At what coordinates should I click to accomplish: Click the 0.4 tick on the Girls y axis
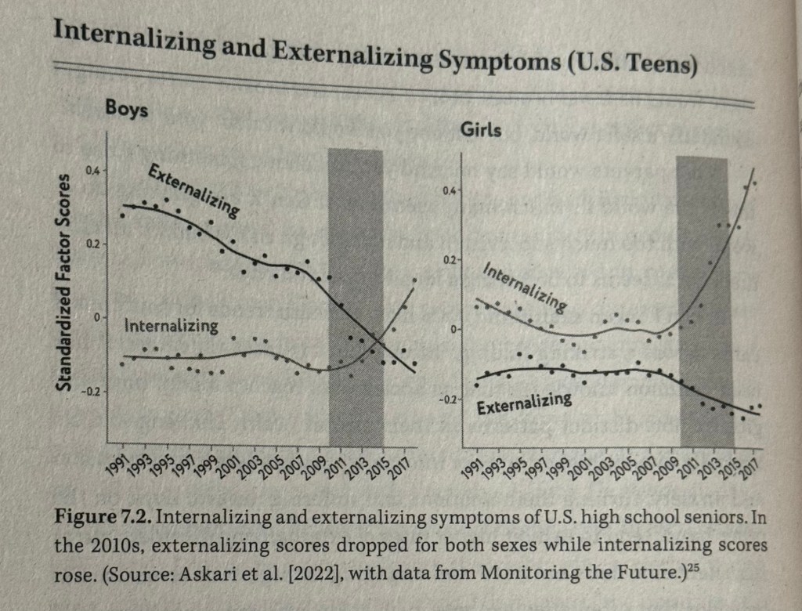click(x=447, y=190)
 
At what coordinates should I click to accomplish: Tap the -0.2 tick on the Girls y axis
click(x=445, y=399)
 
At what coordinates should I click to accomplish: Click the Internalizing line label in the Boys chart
click(x=171, y=325)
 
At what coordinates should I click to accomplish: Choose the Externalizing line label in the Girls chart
click(x=524, y=404)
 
